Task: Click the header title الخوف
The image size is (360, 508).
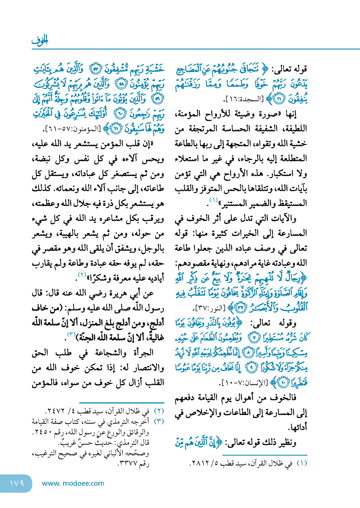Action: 40,40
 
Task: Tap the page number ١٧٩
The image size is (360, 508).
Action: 17,483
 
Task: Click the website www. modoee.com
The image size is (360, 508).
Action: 73,483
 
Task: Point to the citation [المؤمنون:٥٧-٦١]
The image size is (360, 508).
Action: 72,129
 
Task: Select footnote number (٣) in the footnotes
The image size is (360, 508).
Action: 159,421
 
